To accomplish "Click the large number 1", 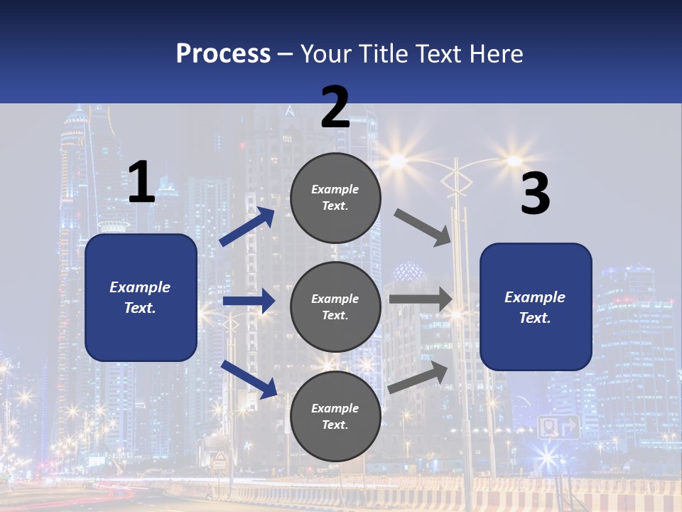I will pyautogui.click(x=141, y=182).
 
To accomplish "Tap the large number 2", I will pyautogui.click(x=335, y=107).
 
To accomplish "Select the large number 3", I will pyautogui.click(x=535, y=193).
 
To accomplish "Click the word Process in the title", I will pyautogui.click(x=223, y=53).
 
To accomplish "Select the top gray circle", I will pyautogui.click(x=335, y=198).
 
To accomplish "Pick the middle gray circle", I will pyautogui.click(x=335, y=306).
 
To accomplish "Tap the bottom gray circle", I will pyautogui.click(x=335, y=416).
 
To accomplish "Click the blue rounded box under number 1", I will pyautogui.click(x=141, y=297).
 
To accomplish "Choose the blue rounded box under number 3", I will pyautogui.click(x=536, y=306).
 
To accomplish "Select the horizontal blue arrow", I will pyautogui.click(x=249, y=301).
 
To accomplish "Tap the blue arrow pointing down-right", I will pyautogui.click(x=249, y=378).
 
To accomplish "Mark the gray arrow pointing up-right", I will pyautogui.click(x=418, y=378).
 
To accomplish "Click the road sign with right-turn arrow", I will pyautogui.click(x=558, y=427).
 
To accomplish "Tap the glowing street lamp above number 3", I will pyautogui.click(x=514, y=161).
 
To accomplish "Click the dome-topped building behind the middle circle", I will pyautogui.click(x=408, y=272).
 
